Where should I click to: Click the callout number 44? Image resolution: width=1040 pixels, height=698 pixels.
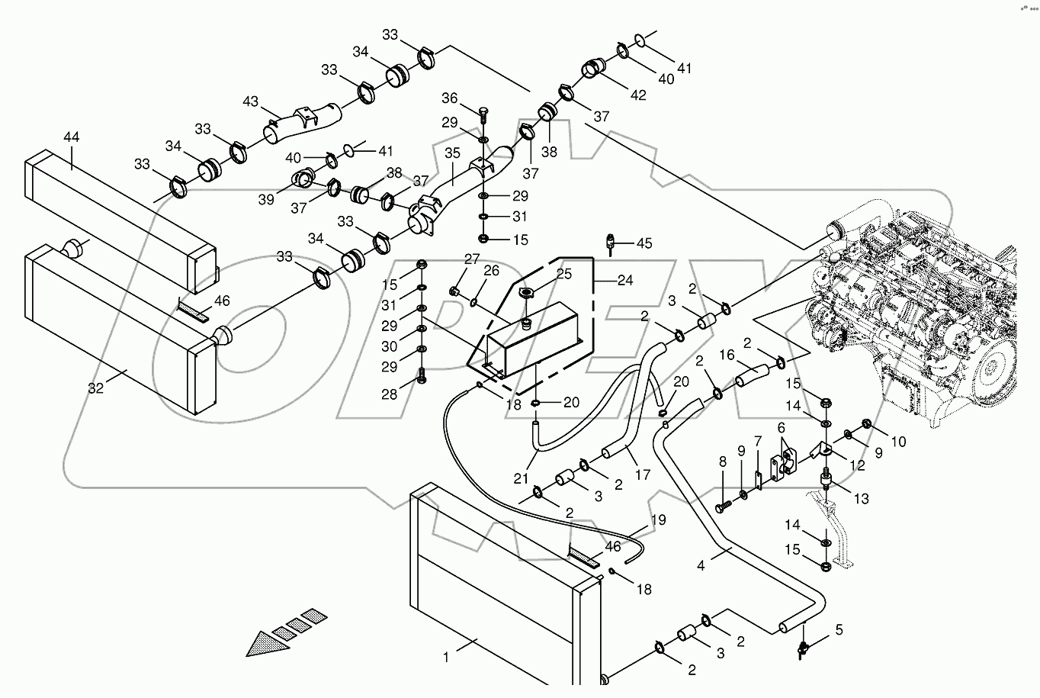pos(71,137)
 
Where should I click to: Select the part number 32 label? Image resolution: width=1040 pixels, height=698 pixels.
pos(95,388)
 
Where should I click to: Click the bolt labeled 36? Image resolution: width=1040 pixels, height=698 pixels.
pos(483,116)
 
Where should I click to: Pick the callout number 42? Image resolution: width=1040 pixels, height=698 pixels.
pos(637,95)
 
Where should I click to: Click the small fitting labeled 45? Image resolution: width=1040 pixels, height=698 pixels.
pos(611,243)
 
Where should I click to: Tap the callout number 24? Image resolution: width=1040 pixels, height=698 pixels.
pos(624,280)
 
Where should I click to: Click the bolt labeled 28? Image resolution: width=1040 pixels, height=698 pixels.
pos(421,375)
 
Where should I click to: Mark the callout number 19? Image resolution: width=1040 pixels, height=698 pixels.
pos(658,520)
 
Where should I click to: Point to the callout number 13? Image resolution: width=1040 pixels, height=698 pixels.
pos(861,499)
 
